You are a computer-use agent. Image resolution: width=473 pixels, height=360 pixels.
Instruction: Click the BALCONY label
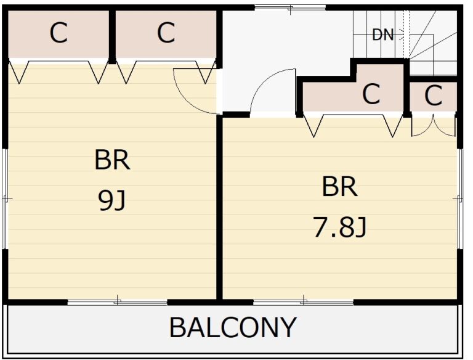coord(233,327)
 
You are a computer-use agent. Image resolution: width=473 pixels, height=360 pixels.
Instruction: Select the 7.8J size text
coord(340,227)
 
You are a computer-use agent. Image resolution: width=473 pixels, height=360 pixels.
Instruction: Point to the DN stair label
coord(383,35)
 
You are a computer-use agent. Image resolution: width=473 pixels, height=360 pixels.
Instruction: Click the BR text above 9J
coord(112,160)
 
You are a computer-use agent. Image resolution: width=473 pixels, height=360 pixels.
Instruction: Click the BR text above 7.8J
coord(340,186)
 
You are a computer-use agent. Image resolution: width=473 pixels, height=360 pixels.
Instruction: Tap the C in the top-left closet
coord(59,33)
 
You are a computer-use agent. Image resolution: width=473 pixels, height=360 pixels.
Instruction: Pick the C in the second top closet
coord(166,33)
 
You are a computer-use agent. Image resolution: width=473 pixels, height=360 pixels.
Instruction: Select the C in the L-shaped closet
coord(371,94)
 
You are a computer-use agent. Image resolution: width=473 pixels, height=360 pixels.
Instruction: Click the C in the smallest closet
coord(433,96)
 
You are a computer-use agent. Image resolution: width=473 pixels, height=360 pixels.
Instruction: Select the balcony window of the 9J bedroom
coord(118,301)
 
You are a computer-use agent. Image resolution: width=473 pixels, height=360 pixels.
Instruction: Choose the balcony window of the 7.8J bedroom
coord(303,301)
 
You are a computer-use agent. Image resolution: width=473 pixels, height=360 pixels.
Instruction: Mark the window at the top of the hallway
coord(290,7)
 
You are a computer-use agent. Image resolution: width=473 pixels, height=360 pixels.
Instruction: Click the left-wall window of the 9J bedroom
coord(5,198)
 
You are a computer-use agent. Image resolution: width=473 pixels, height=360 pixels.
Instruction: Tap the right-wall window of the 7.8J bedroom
coord(459,198)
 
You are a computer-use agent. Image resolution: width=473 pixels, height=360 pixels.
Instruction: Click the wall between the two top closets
coord(112,36)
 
